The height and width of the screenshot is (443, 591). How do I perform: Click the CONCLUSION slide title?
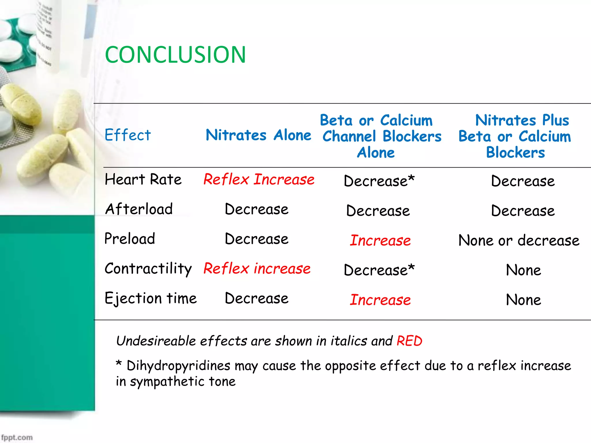click(175, 55)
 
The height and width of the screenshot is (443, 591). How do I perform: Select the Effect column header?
click(128, 135)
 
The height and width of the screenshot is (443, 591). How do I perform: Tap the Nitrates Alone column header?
click(258, 135)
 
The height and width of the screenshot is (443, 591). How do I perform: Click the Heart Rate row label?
click(143, 179)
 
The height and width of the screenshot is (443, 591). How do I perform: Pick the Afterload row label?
click(139, 209)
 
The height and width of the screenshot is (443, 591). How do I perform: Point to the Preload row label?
click(130, 239)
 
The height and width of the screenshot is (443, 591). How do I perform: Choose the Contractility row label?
click(148, 269)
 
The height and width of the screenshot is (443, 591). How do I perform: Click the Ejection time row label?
click(150, 298)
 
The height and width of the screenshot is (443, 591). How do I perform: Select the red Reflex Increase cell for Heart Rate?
click(259, 179)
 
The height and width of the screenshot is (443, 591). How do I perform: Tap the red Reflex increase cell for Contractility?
click(257, 269)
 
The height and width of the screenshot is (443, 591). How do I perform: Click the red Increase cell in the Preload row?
click(380, 241)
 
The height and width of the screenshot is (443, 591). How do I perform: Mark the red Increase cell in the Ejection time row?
click(380, 300)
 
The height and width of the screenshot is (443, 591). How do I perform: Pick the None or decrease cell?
click(519, 241)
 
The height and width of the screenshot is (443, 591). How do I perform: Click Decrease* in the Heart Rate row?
click(379, 181)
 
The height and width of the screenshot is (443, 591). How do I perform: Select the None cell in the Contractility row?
click(523, 270)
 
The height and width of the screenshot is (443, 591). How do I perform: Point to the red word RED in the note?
click(409, 341)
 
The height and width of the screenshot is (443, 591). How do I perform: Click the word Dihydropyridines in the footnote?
click(178, 366)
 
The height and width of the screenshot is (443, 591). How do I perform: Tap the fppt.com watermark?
click(17, 437)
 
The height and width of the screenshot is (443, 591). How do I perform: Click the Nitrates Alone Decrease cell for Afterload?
click(256, 209)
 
